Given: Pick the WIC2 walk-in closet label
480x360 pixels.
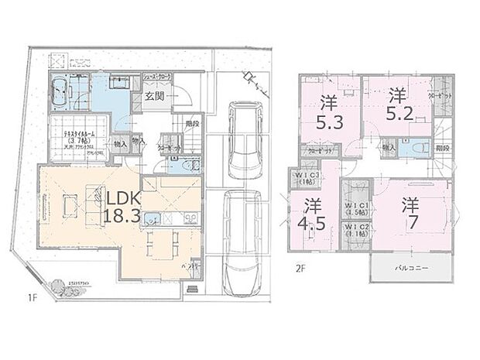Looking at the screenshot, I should pyautogui.click(x=356, y=231).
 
